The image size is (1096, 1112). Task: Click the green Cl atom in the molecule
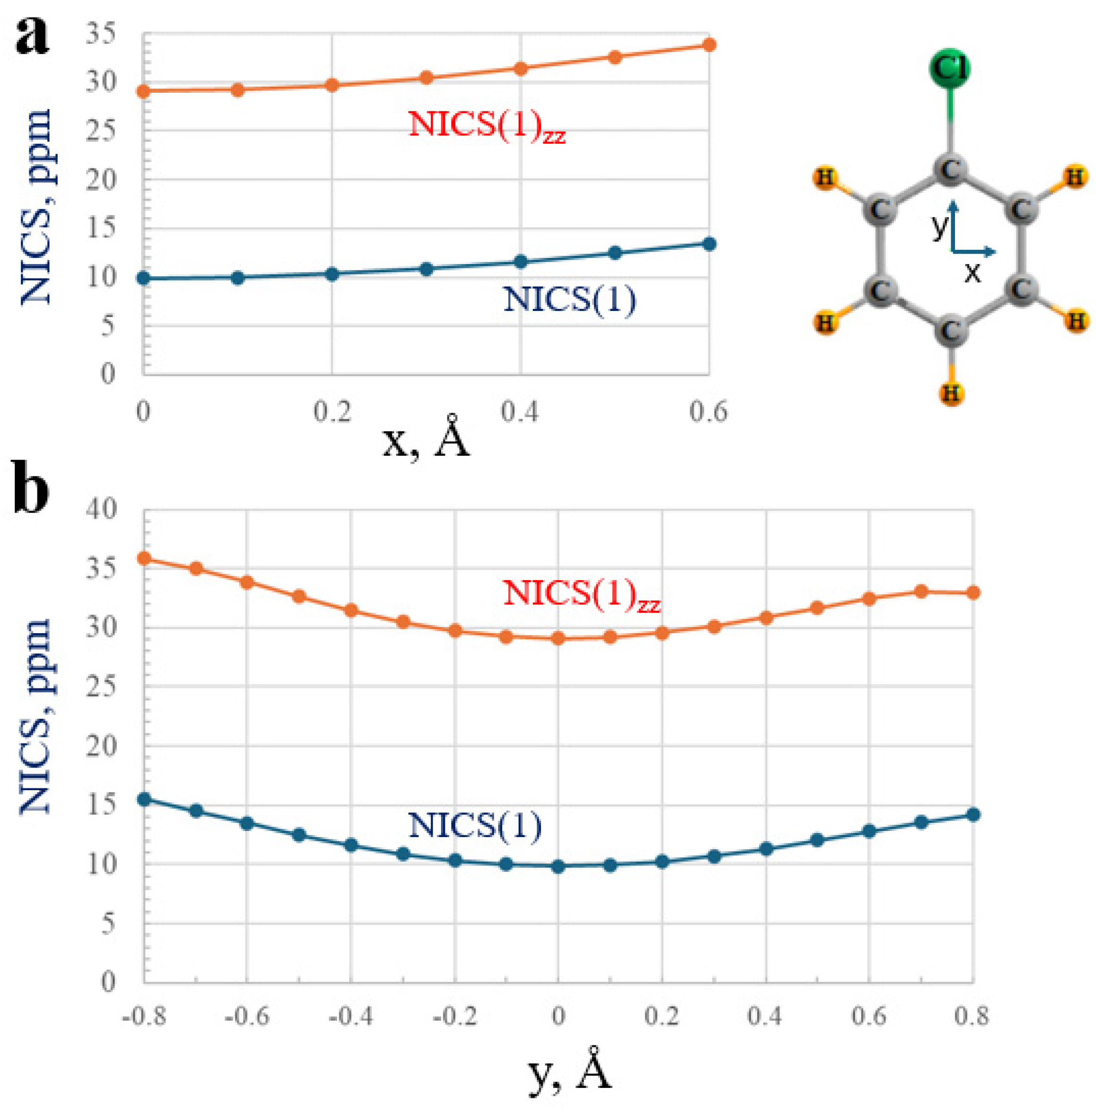(x=949, y=68)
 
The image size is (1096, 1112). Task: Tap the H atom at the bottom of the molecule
(x=951, y=394)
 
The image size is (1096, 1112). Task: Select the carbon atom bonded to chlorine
(x=950, y=169)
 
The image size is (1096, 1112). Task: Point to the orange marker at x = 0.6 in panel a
(x=710, y=45)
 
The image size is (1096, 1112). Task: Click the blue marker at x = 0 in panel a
(x=143, y=279)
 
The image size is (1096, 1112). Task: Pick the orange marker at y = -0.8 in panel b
(x=144, y=558)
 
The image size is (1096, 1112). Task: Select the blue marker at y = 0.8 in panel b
(x=973, y=814)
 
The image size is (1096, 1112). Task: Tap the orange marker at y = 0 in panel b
(x=558, y=638)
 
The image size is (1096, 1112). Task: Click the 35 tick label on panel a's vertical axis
(x=101, y=35)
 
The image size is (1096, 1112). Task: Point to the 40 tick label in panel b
(x=101, y=509)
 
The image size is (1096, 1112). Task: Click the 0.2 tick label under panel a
(x=332, y=412)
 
